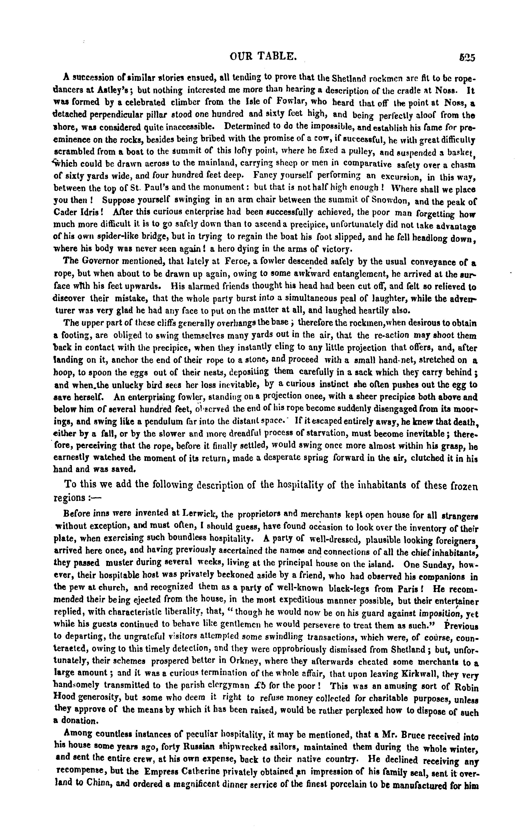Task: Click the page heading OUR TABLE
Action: tap(263, 56)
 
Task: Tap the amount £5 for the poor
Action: tap(251, 686)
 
